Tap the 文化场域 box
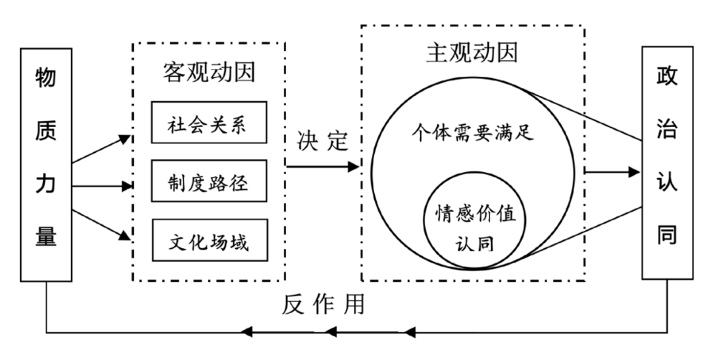coord(209,242)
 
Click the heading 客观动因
coord(209,72)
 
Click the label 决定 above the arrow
coord(322,141)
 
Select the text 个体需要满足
coord(472,133)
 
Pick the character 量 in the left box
coord(46,237)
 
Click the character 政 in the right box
coord(667,77)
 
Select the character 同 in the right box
coord(667,237)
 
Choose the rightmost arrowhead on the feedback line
coord(409,331)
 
